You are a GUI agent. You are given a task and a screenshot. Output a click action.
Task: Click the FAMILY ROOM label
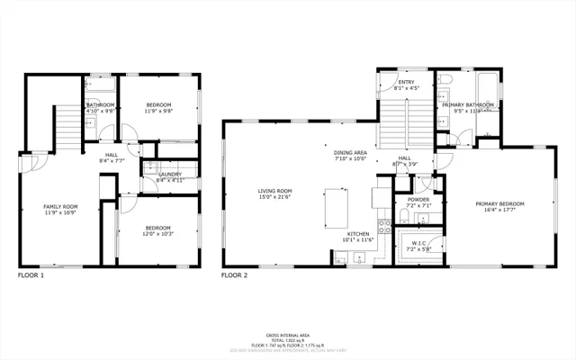coord(60,206)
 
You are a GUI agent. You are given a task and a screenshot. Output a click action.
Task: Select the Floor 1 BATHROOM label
coord(100,105)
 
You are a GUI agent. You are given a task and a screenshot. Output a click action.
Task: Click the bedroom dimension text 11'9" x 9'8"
coord(158,112)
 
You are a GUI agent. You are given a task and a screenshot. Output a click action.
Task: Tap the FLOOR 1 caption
coord(30,274)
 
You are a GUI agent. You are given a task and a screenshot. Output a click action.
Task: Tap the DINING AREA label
coord(350,153)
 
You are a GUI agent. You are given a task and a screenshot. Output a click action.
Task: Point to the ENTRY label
coord(407,82)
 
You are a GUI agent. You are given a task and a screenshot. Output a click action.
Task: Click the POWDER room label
coord(418,200)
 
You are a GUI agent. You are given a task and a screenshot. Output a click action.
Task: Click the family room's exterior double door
coord(24,163)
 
